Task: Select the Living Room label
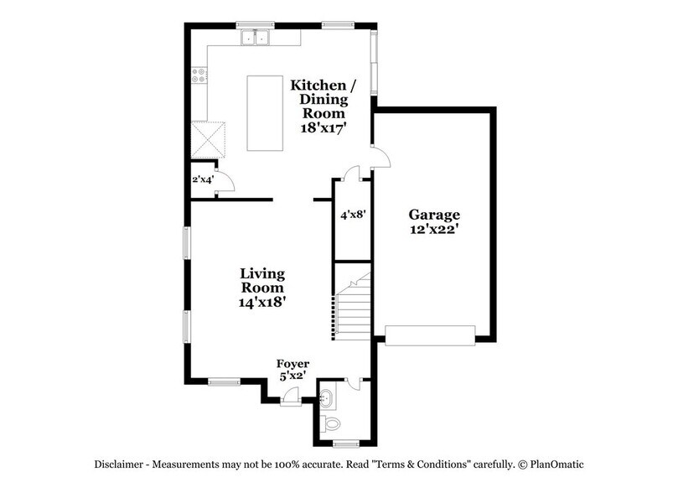(x=262, y=281)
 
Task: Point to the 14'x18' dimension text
(x=262, y=303)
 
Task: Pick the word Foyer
(x=293, y=364)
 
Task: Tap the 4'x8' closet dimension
(x=351, y=215)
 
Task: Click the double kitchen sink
(x=255, y=37)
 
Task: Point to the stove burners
(x=200, y=77)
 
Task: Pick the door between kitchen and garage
(x=380, y=157)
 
